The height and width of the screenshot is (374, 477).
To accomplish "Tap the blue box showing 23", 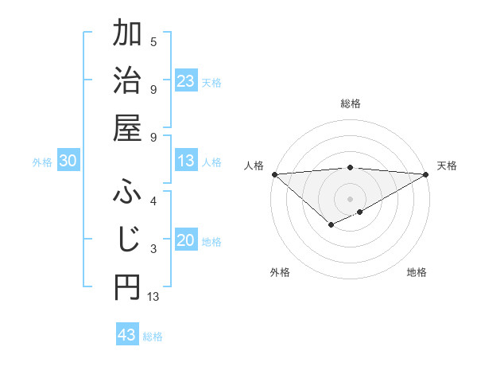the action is tap(186, 81).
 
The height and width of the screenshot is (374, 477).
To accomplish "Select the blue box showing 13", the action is tap(186, 162).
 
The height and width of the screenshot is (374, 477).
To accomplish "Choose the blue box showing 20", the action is tap(186, 241).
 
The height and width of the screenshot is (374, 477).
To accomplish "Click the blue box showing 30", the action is tap(68, 162).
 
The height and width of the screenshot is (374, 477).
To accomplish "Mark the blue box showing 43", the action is tap(127, 335).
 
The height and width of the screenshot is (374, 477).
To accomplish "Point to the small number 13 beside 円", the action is tap(153, 297).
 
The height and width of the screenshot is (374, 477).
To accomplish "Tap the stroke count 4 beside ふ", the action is tap(153, 201).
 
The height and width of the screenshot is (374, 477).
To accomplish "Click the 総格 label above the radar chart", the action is tap(351, 103).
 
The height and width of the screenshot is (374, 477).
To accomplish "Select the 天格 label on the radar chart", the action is tap(447, 166).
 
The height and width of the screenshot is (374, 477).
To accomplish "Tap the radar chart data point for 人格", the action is tap(274, 174).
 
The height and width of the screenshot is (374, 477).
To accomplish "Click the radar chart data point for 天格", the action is tap(426, 174).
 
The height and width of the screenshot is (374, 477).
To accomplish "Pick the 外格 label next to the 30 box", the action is tap(42, 162).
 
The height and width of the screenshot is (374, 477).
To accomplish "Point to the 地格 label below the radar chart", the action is tap(417, 272).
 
